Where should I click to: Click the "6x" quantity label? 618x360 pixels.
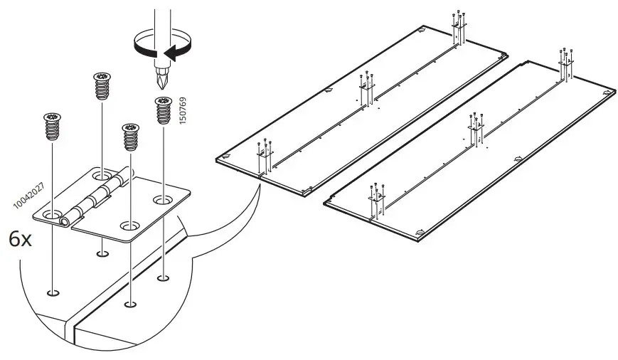(x=20, y=239)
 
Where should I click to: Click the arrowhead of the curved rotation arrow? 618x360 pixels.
(x=168, y=51)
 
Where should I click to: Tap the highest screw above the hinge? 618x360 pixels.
(x=102, y=88)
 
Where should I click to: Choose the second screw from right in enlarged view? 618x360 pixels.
(x=130, y=136)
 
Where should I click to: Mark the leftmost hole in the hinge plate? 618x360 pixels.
(x=53, y=214)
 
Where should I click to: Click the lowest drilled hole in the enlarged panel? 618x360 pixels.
(x=130, y=304)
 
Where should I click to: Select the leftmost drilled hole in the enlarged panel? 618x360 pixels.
(x=53, y=291)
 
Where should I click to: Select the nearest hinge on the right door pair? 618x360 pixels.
(x=376, y=200)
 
